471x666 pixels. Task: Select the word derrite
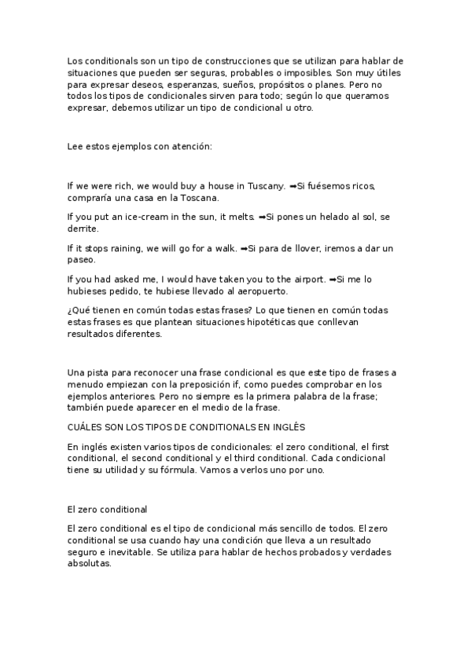(x=83, y=229)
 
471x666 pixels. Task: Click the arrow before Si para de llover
(x=243, y=248)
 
